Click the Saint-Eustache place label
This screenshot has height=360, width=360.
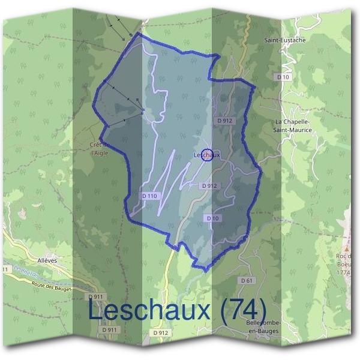[x=285, y=40]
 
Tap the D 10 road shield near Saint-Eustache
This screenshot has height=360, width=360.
[x=283, y=77]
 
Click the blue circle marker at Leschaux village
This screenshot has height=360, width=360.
[x=206, y=155]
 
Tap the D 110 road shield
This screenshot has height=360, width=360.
[x=150, y=196]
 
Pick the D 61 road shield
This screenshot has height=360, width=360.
[x=246, y=280]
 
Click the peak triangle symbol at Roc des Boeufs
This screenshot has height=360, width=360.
[x=347, y=247]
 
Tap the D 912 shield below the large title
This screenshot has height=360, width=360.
[x=161, y=332]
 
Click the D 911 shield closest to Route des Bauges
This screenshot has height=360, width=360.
[x=96, y=296]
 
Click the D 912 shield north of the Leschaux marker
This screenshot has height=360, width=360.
[x=225, y=121]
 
